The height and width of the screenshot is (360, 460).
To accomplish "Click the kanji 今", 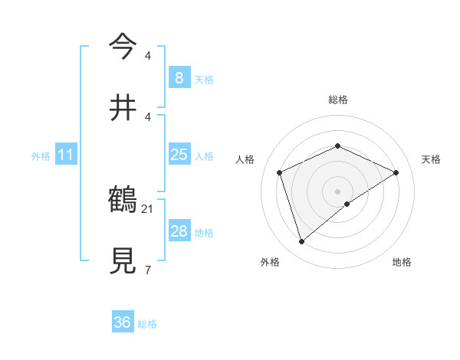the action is click(x=123, y=47).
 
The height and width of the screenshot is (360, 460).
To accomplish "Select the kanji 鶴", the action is click(x=123, y=200).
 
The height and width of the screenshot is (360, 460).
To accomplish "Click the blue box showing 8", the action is click(x=179, y=77).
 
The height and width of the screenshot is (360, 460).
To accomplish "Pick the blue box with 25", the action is click(x=179, y=155).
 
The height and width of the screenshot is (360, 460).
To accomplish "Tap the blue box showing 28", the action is click(x=179, y=231).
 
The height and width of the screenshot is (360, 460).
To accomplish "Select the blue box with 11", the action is click(x=65, y=155).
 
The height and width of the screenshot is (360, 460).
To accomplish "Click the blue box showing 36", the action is click(x=123, y=322).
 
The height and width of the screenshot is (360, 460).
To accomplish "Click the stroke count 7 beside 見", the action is click(x=147, y=269).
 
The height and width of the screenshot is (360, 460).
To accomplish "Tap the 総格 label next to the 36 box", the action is click(x=147, y=324).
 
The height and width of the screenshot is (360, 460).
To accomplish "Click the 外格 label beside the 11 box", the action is click(x=41, y=156).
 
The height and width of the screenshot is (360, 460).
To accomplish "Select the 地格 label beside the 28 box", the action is click(x=204, y=233).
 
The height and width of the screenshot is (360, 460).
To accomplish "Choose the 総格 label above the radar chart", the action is click(x=337, y=100).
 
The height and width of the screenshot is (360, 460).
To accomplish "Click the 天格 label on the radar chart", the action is click(x=432, y=159).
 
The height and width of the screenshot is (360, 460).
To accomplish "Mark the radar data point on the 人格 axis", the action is click(x=280, y=172).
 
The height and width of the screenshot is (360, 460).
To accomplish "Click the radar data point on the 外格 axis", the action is click(x=301, y=242).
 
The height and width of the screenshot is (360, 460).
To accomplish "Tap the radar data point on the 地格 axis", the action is click(x=347, y=204).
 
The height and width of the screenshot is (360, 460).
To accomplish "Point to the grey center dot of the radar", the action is click(x=337, y=191).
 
